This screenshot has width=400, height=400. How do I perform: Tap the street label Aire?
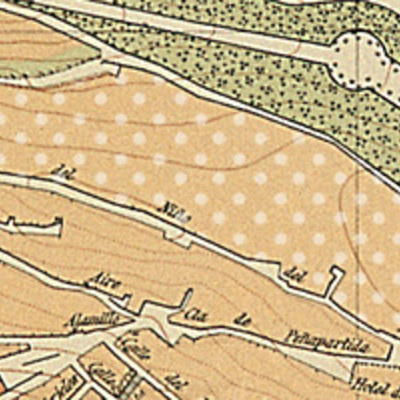103,282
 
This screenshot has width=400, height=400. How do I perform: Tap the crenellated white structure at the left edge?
30,226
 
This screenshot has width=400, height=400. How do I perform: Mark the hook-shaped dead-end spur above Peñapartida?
331,290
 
